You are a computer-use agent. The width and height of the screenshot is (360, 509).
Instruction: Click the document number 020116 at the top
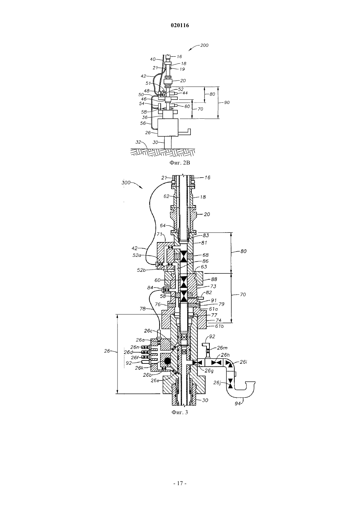[180, 26]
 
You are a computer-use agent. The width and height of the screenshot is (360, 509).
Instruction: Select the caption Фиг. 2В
[180, 163]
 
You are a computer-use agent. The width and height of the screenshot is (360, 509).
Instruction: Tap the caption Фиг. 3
[180, 412]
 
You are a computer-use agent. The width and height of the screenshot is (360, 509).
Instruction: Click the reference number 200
[204, 45]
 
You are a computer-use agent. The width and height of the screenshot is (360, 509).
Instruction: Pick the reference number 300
[126, 183]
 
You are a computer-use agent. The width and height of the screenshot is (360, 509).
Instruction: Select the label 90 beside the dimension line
[227, 102]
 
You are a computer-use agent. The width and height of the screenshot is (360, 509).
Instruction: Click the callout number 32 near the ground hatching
[138, 142]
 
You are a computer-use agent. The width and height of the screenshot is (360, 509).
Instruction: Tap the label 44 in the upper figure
[185, 93]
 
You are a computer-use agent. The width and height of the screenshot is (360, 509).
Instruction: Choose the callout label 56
[143, 123]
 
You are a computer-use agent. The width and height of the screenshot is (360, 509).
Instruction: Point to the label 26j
[217, 383]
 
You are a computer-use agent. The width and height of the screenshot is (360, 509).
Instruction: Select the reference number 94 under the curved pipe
[238, 404]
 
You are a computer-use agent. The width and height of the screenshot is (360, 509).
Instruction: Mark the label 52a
[136, 255]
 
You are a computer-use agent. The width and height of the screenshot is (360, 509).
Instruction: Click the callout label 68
[206, 255]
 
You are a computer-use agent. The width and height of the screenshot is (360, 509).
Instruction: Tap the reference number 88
[214, 279]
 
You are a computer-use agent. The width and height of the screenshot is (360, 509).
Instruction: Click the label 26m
[222, 348]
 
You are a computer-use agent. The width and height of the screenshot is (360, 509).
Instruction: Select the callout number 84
[150, 288]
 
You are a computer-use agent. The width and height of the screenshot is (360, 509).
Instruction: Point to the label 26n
[135, 347]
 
